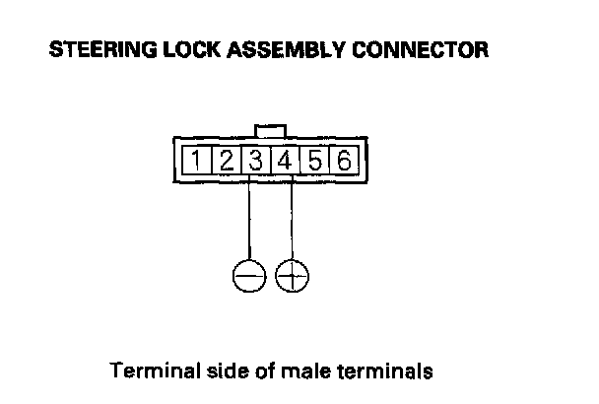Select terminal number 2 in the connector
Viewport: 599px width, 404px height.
(226, 160)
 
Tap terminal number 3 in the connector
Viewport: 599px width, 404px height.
(254, 160)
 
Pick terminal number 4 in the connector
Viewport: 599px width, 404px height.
(285, 160)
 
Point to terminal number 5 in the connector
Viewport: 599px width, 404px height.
(315, 160)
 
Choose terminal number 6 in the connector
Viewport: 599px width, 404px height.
(344, 160)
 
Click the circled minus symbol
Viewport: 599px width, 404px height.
(249, 277)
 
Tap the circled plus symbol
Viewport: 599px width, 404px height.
(292, 277)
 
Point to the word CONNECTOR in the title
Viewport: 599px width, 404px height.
(413, 49)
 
